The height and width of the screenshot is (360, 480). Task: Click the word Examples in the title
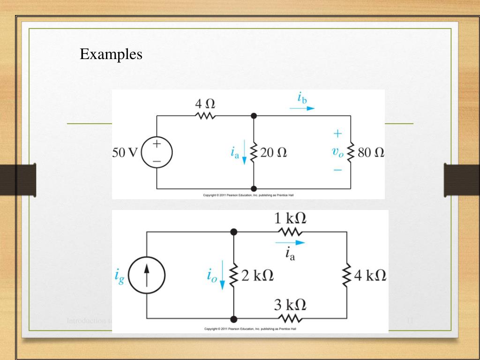111,54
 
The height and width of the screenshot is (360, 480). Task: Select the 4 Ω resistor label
205,103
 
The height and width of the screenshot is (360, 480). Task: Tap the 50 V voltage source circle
157,152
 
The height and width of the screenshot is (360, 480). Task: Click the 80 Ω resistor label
371,152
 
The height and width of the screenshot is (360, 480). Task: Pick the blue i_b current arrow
302,108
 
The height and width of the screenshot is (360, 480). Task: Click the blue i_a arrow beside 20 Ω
244,157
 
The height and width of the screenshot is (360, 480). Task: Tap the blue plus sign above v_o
337,134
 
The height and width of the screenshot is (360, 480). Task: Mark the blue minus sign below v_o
337,169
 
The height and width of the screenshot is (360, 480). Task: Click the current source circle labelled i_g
147,276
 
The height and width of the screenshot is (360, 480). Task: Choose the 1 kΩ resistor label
291,218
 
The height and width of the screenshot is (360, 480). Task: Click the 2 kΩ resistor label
257,275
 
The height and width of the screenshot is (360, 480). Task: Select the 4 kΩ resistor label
370,275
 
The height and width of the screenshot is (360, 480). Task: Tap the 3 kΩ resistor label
291,305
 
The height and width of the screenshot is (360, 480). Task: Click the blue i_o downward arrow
222,279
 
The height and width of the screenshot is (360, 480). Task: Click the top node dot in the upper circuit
254,115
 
